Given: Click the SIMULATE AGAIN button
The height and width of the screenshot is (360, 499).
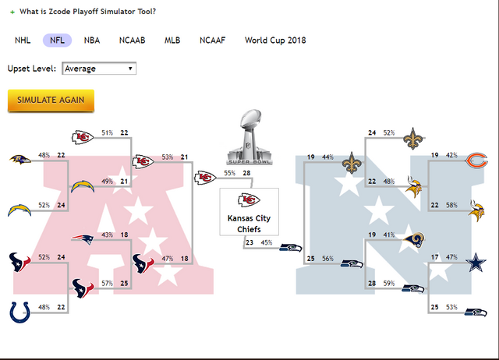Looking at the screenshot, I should click(51, 101).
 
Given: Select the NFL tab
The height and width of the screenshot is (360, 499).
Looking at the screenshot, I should click(58, 40).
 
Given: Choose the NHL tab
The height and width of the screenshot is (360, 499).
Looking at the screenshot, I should click(23, 40).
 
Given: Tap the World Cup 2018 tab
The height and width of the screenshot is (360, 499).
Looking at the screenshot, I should click(275, 40).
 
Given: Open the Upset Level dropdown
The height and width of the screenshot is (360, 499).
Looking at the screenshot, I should click(98, 69).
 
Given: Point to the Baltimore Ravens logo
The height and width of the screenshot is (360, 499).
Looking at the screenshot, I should click(21, 160).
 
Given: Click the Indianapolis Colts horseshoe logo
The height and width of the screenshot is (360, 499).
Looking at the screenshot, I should click(21, 311).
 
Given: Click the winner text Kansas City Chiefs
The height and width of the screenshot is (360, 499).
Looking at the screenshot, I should click(249, 223).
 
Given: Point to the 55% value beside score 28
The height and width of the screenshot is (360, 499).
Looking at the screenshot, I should click(229, 173).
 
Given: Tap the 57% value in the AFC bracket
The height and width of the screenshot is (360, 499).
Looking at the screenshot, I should click(108, 283).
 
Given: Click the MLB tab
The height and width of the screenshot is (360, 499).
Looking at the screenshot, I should click(172, 40).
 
